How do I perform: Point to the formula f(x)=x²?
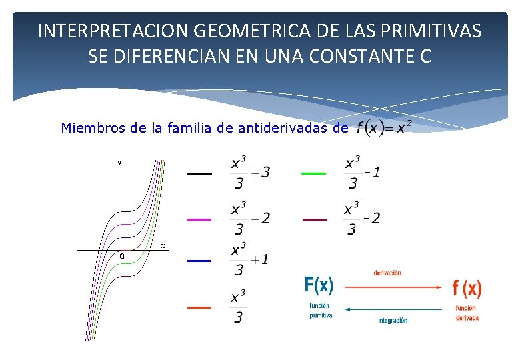pyautogui.click(x=384, y=127)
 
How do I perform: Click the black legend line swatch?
pyautogui.click(x=199, y=173)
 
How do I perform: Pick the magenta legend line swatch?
pyautogui.click(x=199, y=219)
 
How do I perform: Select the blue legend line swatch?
pyautogui.click(x=199, y=261)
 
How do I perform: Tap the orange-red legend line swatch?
pyautogui.click(x=199, y=307)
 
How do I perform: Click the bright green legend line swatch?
pyautogui.click(x=313, y=173)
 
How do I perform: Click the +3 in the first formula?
pyautogui.click(x=261, y=173)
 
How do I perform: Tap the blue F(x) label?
pyautogui.click(x=319, y=286)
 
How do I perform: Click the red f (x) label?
pyautogui.click(x=467, y=288)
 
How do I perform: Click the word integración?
pyautogui.click(x=393, y=320)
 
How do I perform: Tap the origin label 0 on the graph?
pyautogui.click(x=122, y=255)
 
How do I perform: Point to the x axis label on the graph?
pyautogui.click(x=163, y=245)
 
